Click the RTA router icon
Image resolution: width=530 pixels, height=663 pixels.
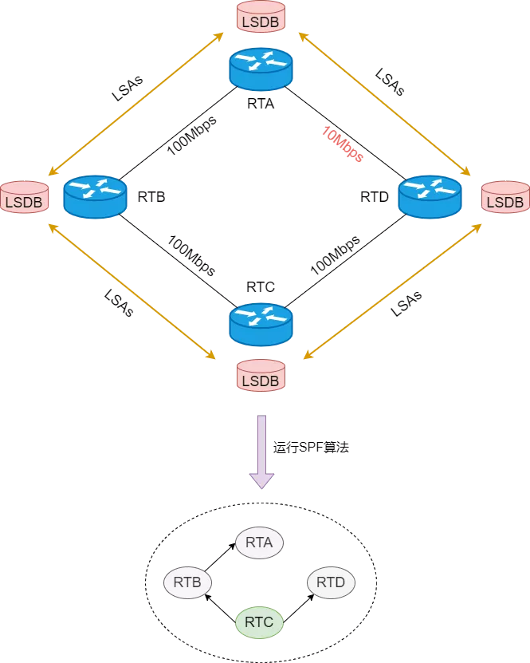[261, 69]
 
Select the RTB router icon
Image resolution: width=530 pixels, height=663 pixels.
[95, 197]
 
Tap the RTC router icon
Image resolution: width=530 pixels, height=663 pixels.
[261, 324]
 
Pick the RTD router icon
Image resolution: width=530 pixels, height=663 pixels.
[430, 197]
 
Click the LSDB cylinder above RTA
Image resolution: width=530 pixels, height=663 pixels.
[261, 17]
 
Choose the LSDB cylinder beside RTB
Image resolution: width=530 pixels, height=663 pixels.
[25, 197]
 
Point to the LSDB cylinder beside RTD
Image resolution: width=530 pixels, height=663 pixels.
[505, 197]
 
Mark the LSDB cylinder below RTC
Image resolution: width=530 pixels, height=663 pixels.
[261, 376]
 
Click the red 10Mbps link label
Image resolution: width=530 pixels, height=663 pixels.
[343, 144]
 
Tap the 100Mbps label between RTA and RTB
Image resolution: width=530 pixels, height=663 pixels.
[192, 135]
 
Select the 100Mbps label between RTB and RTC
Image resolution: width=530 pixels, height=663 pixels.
[192, 255]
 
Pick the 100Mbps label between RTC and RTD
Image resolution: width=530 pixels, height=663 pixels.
[336, 255]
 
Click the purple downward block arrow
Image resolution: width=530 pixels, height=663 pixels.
[262, 452]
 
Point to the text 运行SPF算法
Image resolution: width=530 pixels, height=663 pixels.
[311, 448]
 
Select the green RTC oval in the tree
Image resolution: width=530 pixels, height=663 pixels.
[259, 622]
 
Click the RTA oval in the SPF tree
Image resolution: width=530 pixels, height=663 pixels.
[259, 543]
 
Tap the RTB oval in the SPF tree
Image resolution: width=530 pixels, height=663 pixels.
[187, 582]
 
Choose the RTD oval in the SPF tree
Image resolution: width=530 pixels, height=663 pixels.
[331, 582]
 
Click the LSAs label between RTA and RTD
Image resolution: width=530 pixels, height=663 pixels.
[390, 82]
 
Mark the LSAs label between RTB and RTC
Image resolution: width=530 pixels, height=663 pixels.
[119, 302]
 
